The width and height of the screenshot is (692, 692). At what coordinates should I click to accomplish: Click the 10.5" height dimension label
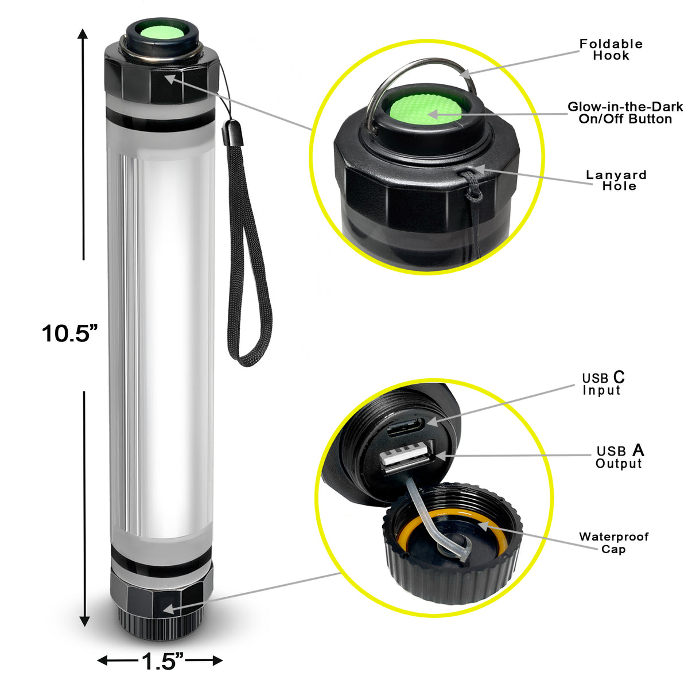(x=69, y=333)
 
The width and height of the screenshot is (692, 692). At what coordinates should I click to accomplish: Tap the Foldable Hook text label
(x=611, y=50)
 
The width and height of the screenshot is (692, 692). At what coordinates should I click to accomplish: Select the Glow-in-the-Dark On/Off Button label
(x=625, y=113)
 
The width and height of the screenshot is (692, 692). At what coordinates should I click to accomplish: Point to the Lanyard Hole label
(x=616, y=180)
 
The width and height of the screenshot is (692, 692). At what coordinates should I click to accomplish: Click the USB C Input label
(x=602, y=383)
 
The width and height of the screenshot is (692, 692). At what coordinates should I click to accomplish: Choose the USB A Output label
(x=619, y=457)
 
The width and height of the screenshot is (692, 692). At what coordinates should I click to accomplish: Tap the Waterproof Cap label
(x=613, y=543)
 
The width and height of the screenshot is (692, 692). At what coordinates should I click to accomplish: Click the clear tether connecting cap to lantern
(x=425, y=516)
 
